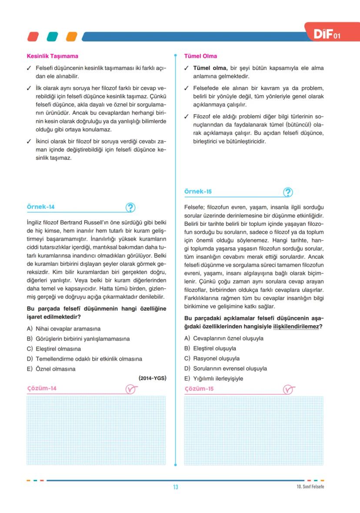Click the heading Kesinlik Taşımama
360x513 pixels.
click(x=53, y=56)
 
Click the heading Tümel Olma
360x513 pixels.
click(x=200, y=56)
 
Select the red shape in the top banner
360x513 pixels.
click(x=33, y=37)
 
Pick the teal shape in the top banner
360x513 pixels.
click(x=52, y=37)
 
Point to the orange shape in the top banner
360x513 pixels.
click(x=71, y=37)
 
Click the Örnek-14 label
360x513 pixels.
click(x=41, y=207)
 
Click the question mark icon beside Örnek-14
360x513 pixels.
click(x=130, y=208)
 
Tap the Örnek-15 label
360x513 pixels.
click(x=198, y=191)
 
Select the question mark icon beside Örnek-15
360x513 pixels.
click(x=288, y=192)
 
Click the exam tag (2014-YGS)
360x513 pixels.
click(x=152, y=378)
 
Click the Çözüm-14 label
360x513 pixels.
click(x=42, y=388)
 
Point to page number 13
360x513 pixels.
click(x=176, y=487)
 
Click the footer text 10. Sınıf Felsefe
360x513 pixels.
click(x=307, y=486)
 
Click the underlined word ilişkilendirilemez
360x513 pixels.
click(x=296, y=326)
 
